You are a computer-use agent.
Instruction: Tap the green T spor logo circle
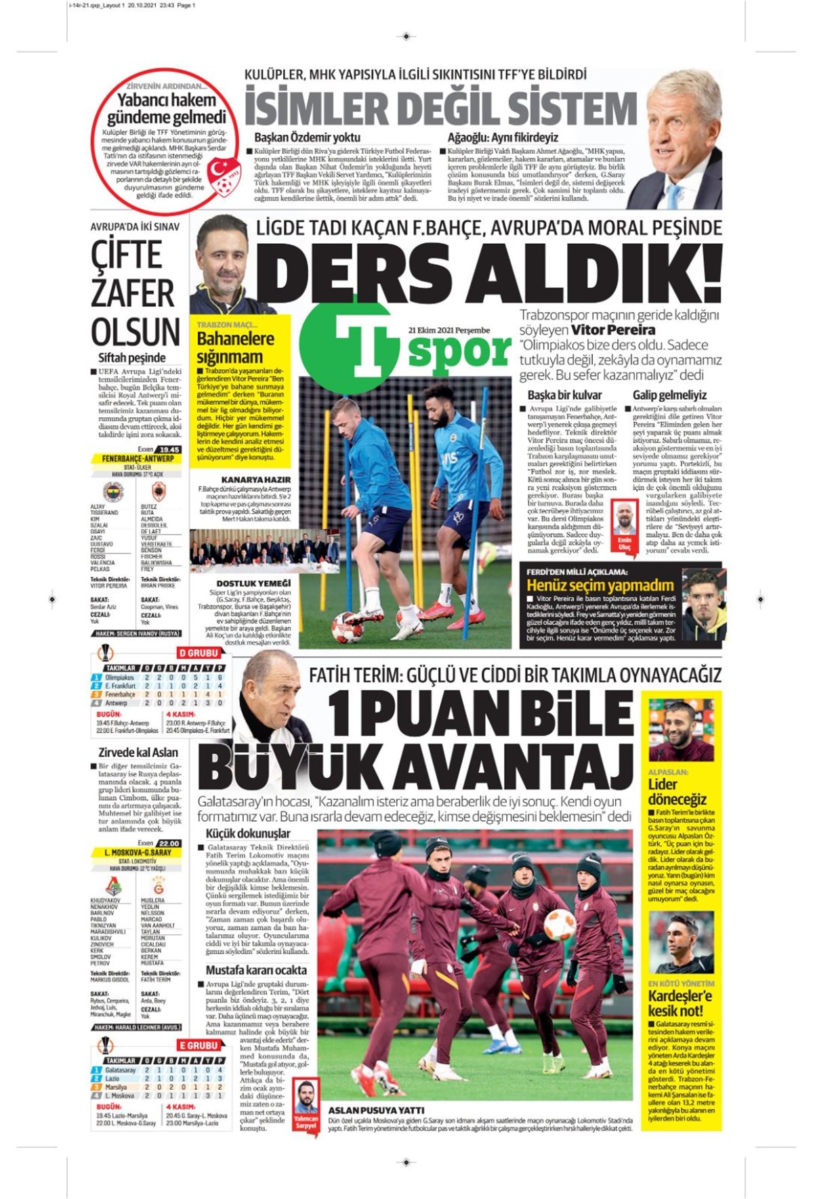point(346,345)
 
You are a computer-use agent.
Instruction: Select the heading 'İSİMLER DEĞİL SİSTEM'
point(440,109)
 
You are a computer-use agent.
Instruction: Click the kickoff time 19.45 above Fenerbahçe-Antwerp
point(168,449)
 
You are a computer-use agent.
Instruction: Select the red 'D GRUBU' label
point(199,653)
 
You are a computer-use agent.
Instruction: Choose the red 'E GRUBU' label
point(199,1045)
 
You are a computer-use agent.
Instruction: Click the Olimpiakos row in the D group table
point(159,677)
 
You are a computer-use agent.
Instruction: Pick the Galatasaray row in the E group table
point(159,1070)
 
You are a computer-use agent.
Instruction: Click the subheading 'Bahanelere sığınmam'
point(235,348)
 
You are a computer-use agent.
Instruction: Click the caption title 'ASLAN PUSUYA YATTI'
point(376,1110)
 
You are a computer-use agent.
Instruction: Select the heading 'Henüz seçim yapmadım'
point(600,585)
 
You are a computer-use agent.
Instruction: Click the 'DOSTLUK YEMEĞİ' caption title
point(253,583)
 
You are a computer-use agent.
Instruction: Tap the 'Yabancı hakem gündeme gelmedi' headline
point(167,108)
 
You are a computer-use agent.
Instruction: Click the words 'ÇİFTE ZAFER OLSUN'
point(135,293)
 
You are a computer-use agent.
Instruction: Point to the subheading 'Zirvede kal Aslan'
point(138,752)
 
